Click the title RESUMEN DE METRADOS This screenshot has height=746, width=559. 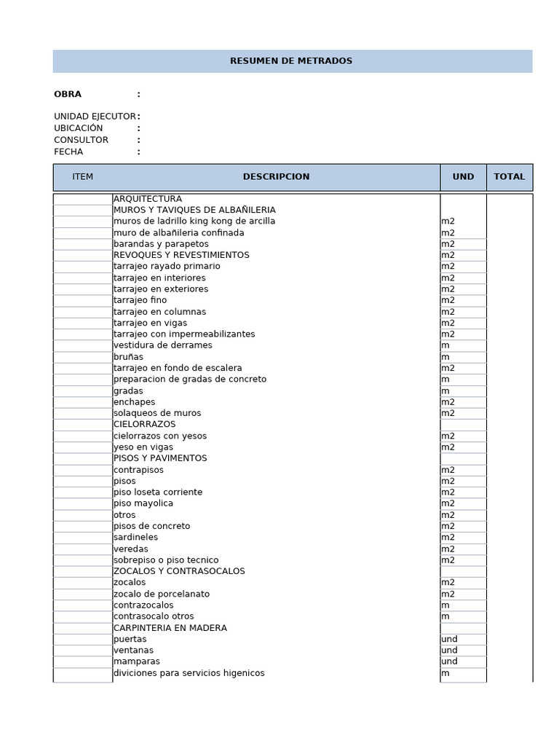tap(291, 61)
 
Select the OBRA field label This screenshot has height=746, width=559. tap(68, 94)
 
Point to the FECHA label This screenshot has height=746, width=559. tap(68, 152)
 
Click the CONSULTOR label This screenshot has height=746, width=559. tap(81, 140)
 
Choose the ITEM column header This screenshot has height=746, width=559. tap(83, 177)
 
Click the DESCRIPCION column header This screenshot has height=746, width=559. tap(276, 177)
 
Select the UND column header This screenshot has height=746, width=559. tap(463, 177)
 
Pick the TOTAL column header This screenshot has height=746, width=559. tap(510, 177)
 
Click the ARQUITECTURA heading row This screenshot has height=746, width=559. tap(148, 199)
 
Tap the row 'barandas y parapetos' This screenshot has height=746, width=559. tap(161, 244)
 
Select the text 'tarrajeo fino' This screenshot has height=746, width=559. tap(140, 300)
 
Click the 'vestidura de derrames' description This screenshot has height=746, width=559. tap(163, 345)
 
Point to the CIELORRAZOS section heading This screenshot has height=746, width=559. tap(145, 424)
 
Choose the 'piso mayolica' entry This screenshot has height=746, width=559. tap(143, 503)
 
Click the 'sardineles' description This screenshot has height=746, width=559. tap(135, 537)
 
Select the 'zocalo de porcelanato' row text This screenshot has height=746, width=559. tap(162, 594)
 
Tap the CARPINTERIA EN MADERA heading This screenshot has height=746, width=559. tap(170, 628)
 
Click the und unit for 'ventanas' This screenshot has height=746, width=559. tap(449, 651)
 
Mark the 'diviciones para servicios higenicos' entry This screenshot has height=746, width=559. tap(189, 673)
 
